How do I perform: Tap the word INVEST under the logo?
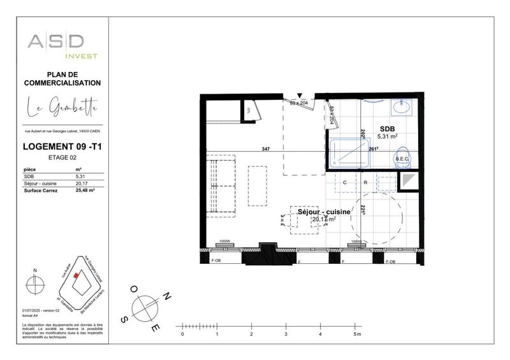point(84,56)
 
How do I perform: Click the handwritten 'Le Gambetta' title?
point(62,108)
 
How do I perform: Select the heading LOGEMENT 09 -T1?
point(62,148)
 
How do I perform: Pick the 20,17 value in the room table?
point(81,183)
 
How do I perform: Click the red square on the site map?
point(76,275)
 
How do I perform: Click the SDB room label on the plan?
point(387,127)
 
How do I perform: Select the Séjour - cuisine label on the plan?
point(324,212)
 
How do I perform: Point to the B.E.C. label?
point(402,159)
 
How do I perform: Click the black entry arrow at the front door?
point(299,96)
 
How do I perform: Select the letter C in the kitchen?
point(345,182)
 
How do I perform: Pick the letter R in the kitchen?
point(365,182)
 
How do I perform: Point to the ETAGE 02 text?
point(62,157)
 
